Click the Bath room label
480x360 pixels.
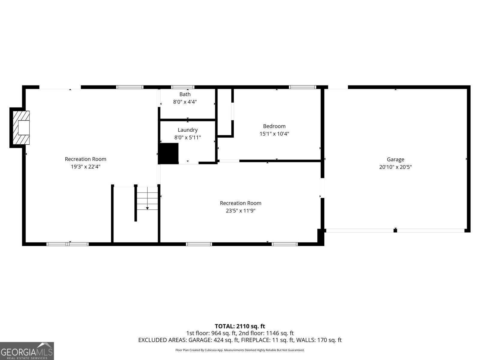185,94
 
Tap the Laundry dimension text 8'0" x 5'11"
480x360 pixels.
187,138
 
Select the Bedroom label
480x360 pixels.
274,126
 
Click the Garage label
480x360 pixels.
395,160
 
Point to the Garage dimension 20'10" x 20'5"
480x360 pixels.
395,167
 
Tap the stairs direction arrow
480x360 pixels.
147,208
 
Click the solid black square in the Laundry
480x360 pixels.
169,153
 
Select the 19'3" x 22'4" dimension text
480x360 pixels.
85,167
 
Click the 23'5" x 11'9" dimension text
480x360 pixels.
241,211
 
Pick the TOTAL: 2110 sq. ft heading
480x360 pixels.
240,326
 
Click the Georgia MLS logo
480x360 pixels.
27,351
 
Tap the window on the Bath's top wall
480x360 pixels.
183,87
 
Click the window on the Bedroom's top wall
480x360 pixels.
302,87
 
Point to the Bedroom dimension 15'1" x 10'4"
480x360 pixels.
274,134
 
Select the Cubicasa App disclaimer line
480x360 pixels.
240,350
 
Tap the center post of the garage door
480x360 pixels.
395,230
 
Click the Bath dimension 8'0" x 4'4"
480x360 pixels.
185,102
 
